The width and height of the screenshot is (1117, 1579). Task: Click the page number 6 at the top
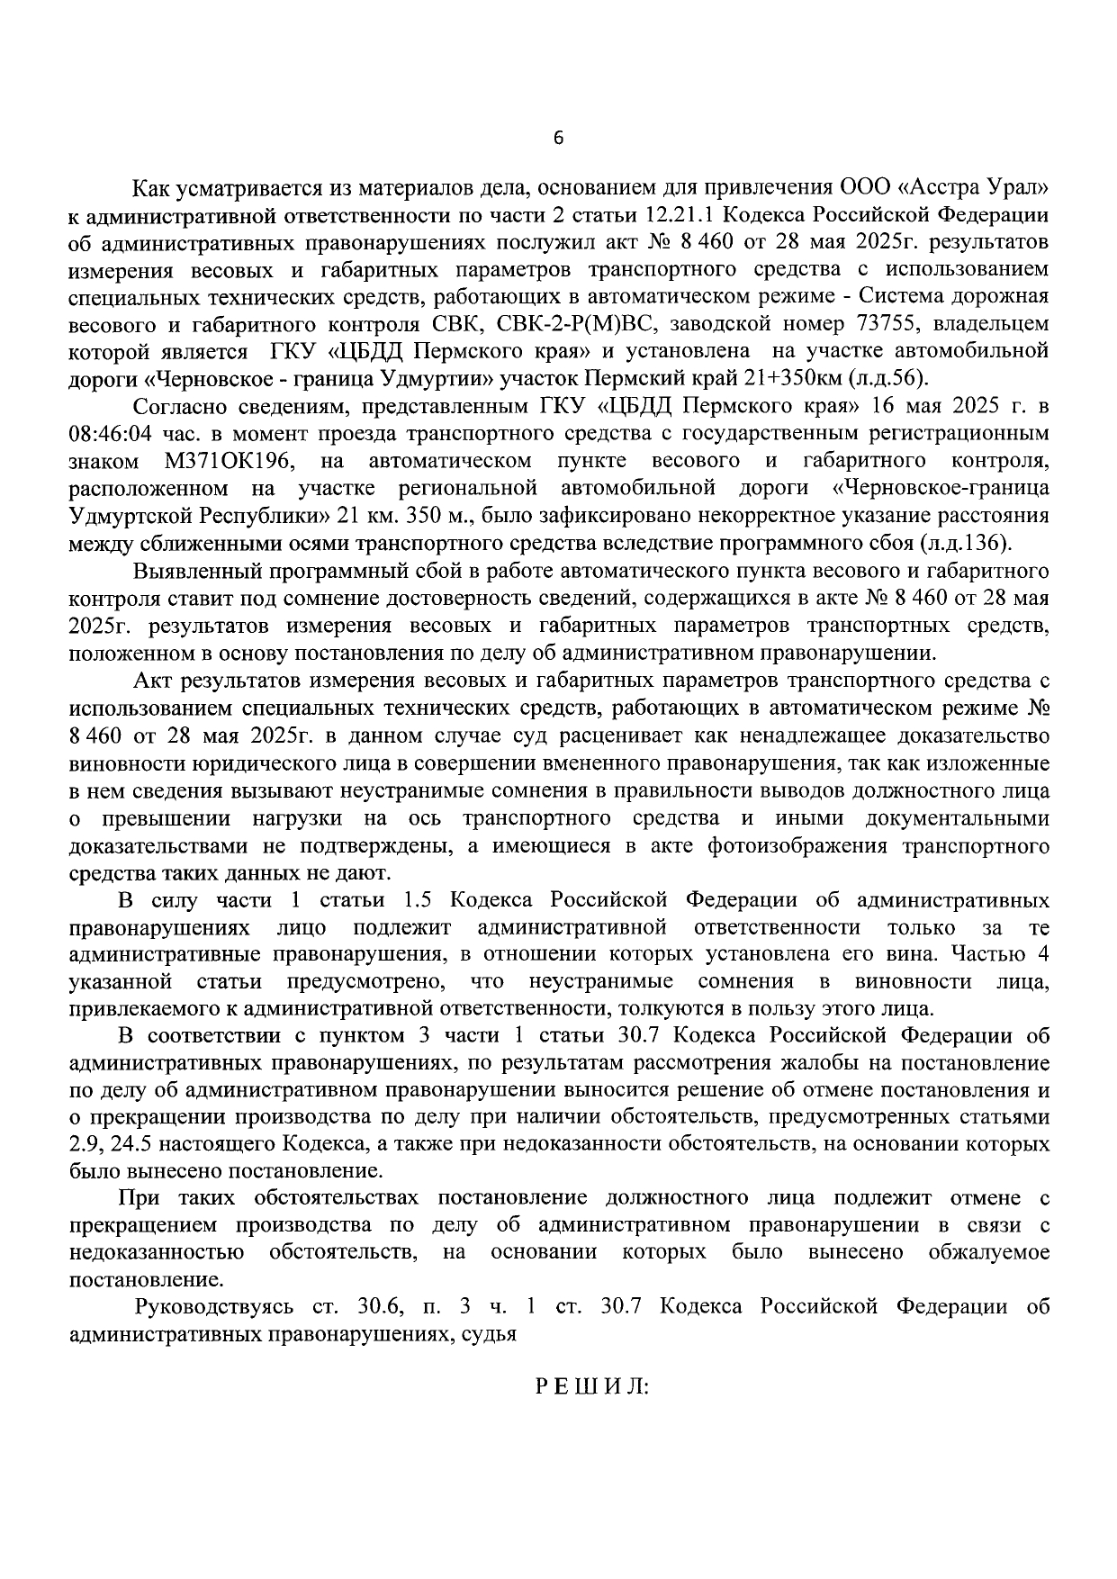558,138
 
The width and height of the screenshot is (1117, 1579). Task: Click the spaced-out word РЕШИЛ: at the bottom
592,1386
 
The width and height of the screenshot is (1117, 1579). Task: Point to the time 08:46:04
106,434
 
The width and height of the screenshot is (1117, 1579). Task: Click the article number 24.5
114,1144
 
